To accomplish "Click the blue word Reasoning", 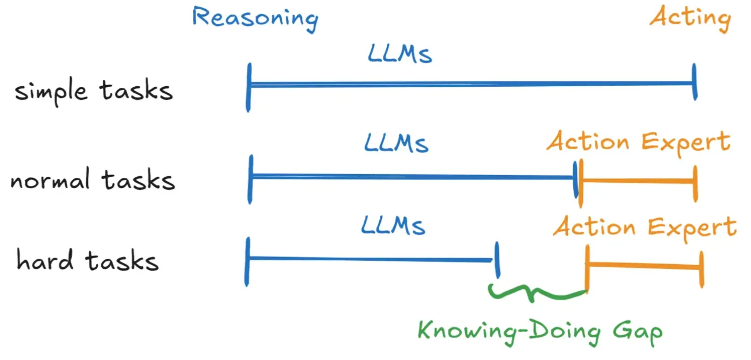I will coord(255,18).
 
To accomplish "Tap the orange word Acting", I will coord(690,18).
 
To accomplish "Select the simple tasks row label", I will coord(94,91).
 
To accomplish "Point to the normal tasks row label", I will coord(93,180).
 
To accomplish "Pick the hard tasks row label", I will coord(88,261).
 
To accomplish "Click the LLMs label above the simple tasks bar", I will coord(400,54).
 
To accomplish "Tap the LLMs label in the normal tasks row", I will coord(396,143).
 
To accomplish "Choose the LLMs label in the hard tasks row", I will coord(393,226).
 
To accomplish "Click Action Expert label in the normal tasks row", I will coord(638,143).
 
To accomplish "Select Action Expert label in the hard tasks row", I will coord(644,227).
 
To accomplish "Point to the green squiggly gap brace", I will coord(537,293).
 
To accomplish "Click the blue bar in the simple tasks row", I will coord(471,84).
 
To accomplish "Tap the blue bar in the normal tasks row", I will coord(412,176).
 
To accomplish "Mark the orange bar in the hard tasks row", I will coord(644,265).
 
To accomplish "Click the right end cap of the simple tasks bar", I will coord(695,82).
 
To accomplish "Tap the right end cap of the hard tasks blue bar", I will coord(497,260).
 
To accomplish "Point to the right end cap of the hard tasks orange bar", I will coord(701,267).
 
